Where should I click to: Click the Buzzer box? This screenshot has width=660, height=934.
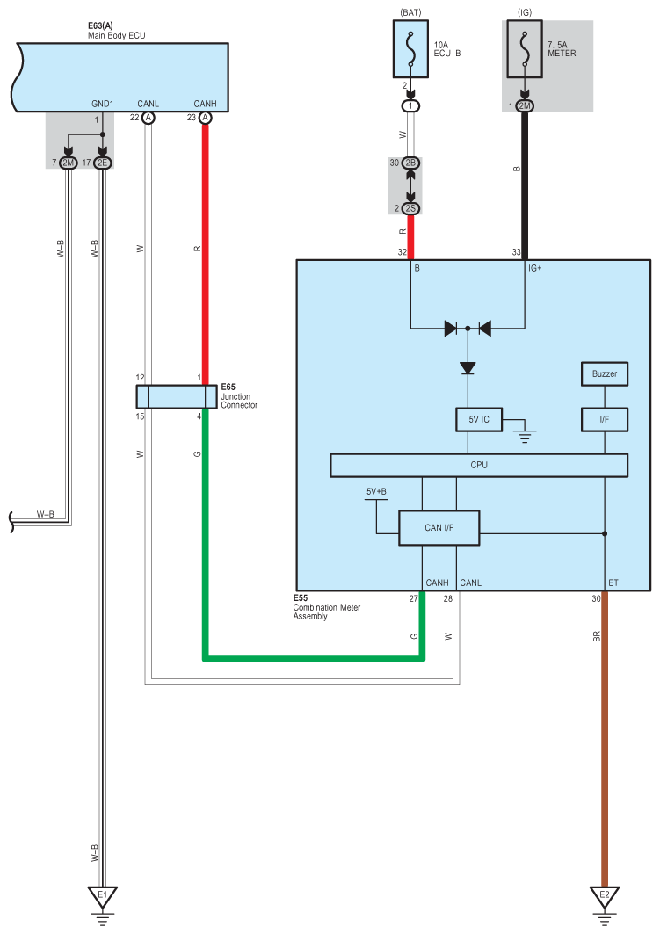click(x=604, y=374)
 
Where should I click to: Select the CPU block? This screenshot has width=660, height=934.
click(x=478, y=465)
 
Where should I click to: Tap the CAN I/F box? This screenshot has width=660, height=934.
click(x=439, y=527)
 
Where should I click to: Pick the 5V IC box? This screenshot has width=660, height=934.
click(x=478, y=420)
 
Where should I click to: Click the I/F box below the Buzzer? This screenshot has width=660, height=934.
click(x=604, y=420)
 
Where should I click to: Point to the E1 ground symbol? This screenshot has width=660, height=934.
click(x=102, y=897)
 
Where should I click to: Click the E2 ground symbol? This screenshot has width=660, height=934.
click(x=604, y=897)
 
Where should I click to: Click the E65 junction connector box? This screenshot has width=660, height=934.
click(x=177, y=396)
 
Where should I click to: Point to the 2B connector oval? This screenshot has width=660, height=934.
click(x=410, y=163)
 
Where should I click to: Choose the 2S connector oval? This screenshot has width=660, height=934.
click(x=410, y=208)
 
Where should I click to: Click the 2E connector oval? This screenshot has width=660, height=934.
click(x=103, y=163)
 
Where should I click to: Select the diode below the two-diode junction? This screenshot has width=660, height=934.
click(x=468, y=367)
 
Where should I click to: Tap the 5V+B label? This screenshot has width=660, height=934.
click(x=376, y=492)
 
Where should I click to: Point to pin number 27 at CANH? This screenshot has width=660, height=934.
click(x=413, y=599)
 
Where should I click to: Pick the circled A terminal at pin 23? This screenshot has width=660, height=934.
click(x=206, y=117)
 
